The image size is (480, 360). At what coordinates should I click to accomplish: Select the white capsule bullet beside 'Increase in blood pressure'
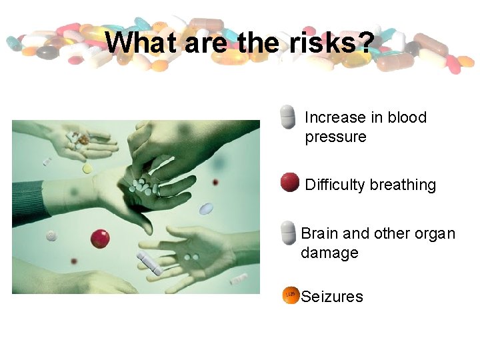[287, 117]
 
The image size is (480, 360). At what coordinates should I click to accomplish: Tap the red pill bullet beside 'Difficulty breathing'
[289, 182]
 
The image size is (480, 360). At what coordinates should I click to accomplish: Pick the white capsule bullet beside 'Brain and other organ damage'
[287, 233]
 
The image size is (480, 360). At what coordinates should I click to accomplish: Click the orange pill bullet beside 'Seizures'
[291, 295]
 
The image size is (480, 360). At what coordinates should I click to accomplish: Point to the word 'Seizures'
[332, 297]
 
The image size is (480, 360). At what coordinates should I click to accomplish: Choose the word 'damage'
[329, 253]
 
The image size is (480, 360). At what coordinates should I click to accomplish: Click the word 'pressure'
[335, 137]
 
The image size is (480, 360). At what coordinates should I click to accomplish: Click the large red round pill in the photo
[100, 238]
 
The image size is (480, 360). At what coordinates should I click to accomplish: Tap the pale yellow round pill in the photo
[87, 169]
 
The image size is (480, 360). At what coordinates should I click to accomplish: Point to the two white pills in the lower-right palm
[191, 257]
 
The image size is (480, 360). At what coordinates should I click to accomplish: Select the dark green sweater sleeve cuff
[30, 203]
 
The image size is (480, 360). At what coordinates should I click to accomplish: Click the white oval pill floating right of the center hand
[207, 209]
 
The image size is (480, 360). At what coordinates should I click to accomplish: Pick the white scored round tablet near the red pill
[52, 235]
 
